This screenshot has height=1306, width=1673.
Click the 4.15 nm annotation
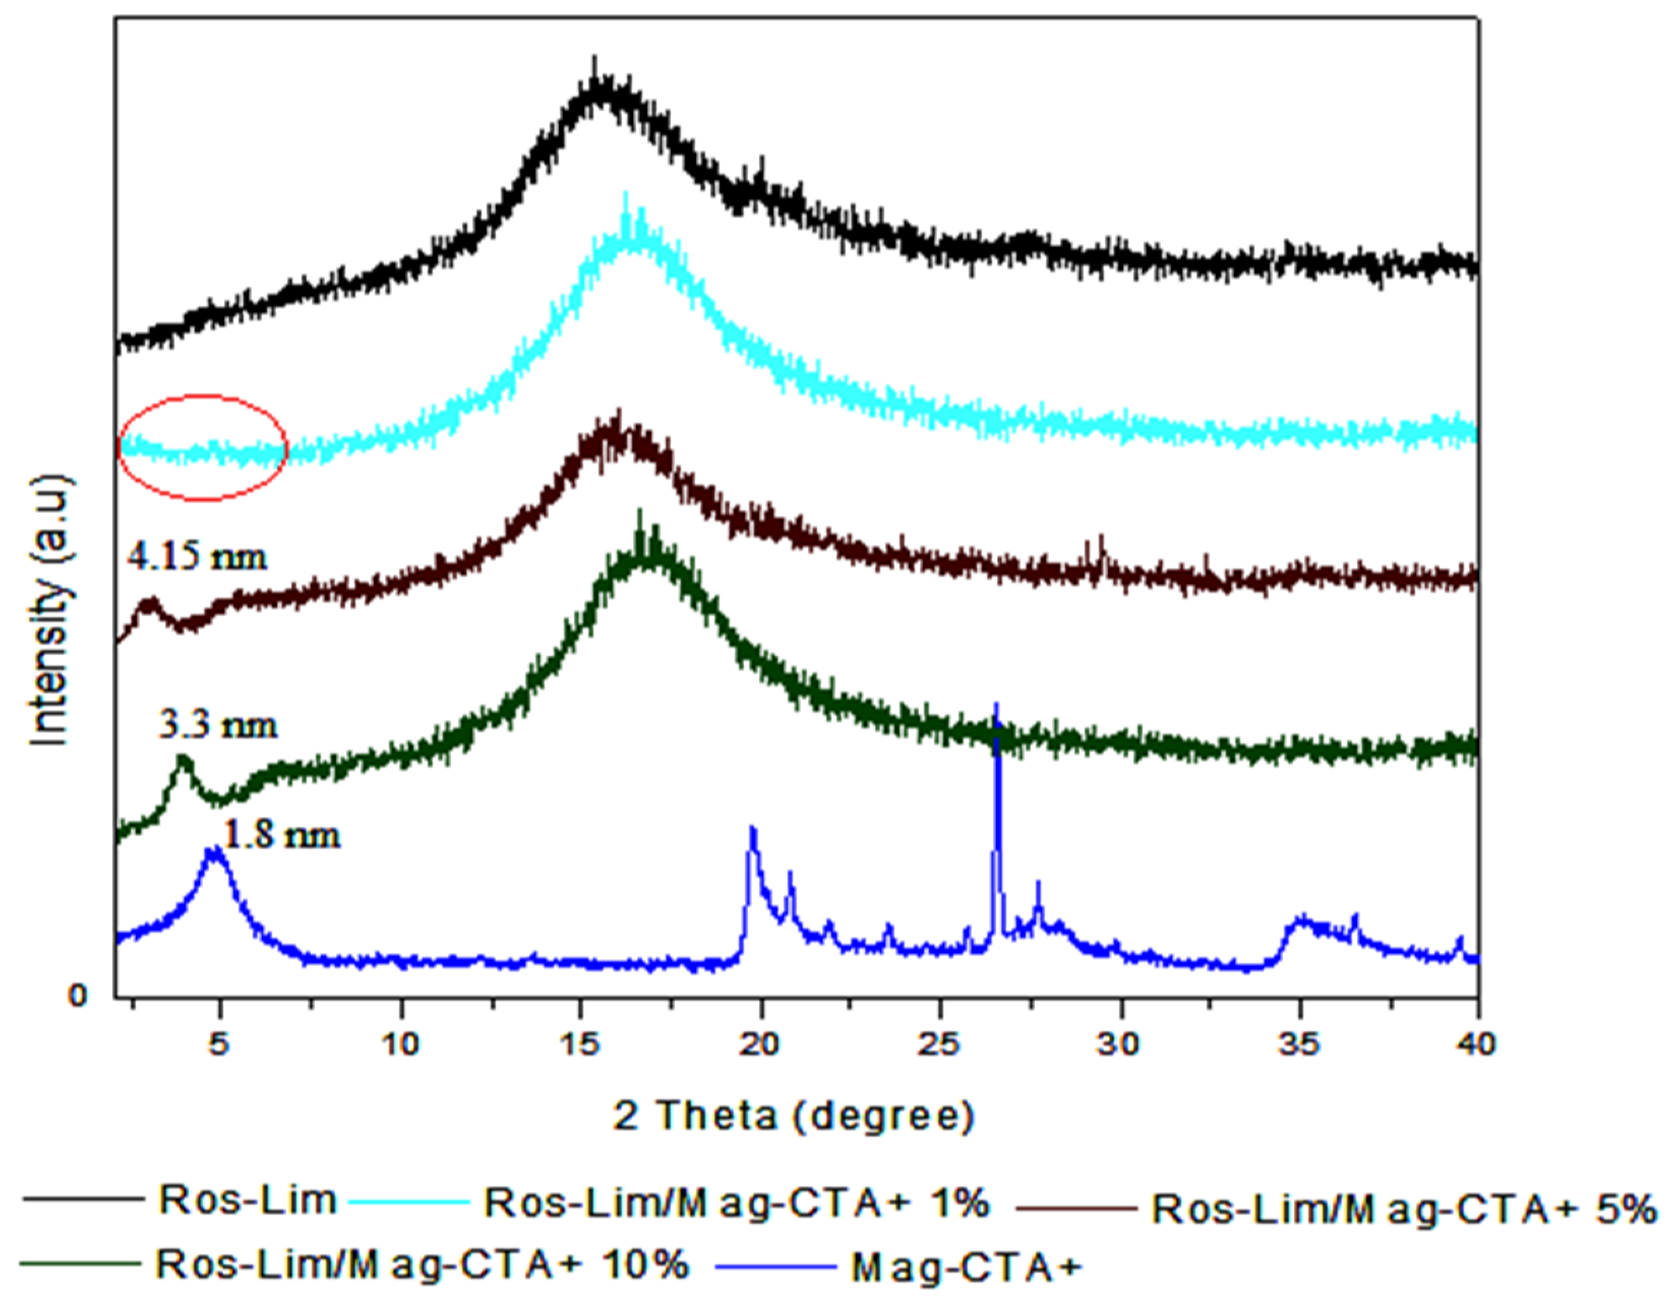coord(198,557)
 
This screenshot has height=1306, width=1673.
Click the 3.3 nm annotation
coord(218,724)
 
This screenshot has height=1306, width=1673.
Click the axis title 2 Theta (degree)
coord(794,1116)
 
